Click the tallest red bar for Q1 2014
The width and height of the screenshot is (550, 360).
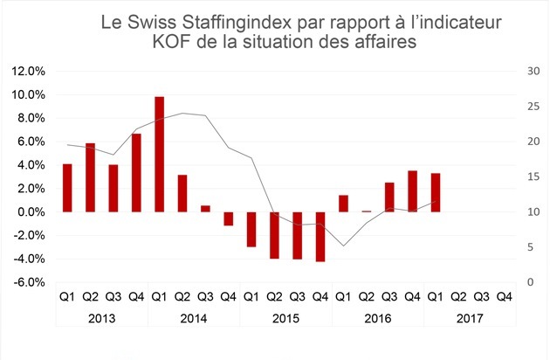(159, 154)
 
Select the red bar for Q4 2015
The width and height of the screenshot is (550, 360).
(320, 236)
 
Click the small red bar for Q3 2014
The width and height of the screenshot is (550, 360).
(205, 209)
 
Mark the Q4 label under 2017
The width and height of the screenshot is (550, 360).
(504, 296)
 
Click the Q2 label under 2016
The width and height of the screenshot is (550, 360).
(366, 296)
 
